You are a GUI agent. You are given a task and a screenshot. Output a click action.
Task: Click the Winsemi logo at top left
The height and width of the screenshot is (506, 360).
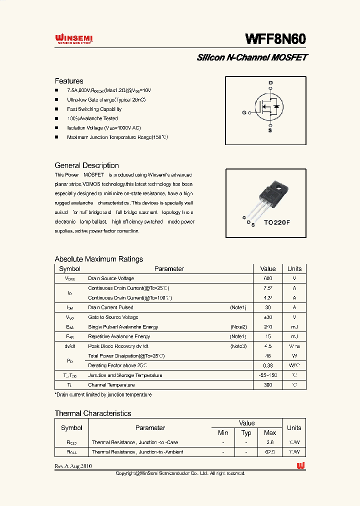pos(74,39)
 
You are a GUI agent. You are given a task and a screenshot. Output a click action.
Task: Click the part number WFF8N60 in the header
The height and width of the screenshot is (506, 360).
pos(275,39)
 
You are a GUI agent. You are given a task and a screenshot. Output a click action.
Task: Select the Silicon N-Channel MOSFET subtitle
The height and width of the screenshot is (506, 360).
pos(251,57)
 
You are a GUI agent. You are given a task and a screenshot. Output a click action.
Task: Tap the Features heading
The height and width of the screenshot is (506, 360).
pos(69,81)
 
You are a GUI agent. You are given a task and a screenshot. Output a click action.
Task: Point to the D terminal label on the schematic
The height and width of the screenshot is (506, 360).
pos(270,82)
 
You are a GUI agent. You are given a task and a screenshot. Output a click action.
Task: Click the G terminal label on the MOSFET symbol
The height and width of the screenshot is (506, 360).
pos(244,113)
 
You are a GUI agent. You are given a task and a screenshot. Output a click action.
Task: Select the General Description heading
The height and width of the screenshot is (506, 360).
pos(86,165)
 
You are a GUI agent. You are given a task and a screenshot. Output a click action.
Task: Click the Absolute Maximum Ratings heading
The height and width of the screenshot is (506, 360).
pos(98,259)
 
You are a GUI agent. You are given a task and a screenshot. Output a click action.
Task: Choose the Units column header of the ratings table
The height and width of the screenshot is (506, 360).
pos(294,269)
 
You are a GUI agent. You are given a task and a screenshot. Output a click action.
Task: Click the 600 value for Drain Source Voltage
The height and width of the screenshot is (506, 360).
pos(268,278)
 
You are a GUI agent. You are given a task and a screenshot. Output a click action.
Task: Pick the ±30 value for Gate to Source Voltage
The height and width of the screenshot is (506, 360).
pos(268,317)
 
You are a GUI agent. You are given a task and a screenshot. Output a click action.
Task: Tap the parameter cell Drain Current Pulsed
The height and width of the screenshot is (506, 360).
pos(110,307)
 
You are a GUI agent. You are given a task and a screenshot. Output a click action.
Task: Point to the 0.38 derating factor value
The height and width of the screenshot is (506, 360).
pos(268,365)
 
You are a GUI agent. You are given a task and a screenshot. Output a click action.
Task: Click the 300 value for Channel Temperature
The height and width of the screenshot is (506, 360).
pos(268,385)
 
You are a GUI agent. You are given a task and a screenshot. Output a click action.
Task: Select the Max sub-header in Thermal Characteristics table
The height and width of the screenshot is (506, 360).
pos(270,432)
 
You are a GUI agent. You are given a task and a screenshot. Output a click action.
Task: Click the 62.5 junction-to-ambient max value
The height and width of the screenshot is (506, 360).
pos(270,452)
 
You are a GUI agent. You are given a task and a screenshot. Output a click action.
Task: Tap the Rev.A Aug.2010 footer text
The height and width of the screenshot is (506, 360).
pos(73,466)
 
